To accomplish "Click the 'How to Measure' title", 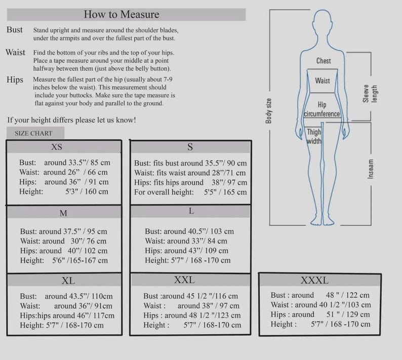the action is coord(122,14).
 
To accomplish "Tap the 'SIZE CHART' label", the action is coord(33,133).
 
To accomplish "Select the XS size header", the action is coord(57,147).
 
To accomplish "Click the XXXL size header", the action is coord(314,281).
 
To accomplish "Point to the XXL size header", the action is coord(184,279).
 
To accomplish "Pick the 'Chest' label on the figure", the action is coord(324,61).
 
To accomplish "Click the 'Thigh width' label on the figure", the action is coord(314,136).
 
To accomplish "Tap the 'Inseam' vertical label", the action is coord(371,169).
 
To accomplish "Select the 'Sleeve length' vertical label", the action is coord(370,94).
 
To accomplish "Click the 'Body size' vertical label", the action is coord(268,111).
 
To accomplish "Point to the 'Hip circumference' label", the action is coord(322,109).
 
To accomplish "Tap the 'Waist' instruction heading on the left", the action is coord(15,52).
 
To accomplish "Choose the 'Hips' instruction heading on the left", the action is coord(15,79).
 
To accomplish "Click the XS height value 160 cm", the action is coord(96,191).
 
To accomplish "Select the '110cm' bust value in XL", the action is coord(102,296).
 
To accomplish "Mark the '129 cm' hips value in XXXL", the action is coord(357,314).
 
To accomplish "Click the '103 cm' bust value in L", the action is coord(222,231).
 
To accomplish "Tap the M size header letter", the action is coord(63,213).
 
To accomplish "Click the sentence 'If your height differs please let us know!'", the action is coord(71,119).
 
